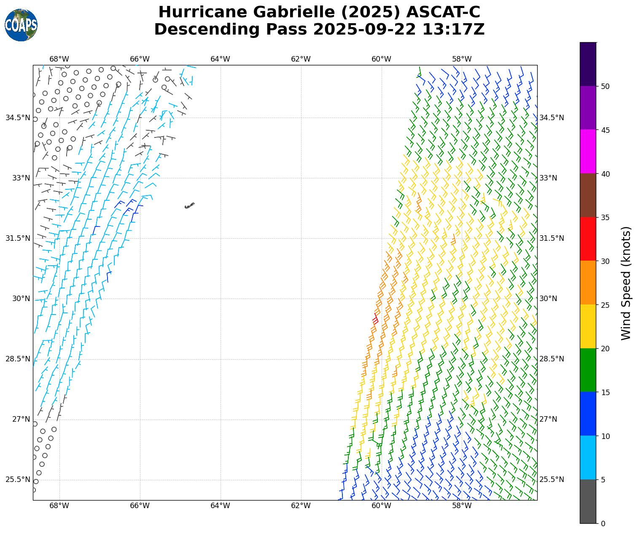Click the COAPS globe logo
pyautogui.click(x=21, y=25)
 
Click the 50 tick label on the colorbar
pyautogui.click(x=605, y=86)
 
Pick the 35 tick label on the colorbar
pyautogui.click(x=605, y=218)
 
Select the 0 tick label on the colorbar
pyautogui.click(x=603, y=524)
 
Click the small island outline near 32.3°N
pyautogui.click(x=189, y=206)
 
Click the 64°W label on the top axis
pyautogui.click(x=220, y=59)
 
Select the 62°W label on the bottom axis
pyautogui.click(x=301, y=506)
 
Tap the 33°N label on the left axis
pyautogui.click(x=21, y=178)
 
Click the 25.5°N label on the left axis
pyautogui.click(x=18, y=479)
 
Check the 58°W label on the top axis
pyautogui.click(x=462, y=59)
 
